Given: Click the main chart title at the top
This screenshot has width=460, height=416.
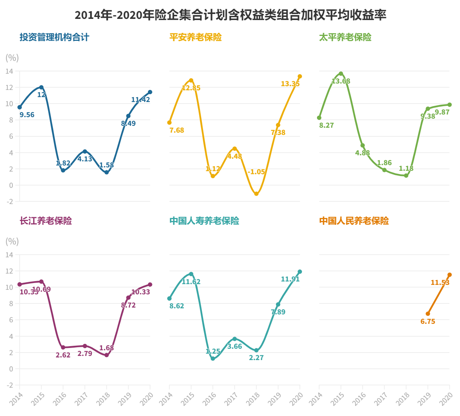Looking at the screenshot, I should click(230, 15).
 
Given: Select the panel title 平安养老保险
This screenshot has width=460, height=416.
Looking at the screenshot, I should click(195, 37).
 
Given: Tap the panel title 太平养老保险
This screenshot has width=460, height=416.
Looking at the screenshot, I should click(345, 37).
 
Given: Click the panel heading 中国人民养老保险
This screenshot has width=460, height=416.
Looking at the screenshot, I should click(354, 221).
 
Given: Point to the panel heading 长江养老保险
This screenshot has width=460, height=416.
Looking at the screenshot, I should click(46, 221).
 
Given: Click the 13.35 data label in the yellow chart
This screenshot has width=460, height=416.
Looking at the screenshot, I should click(290, 84).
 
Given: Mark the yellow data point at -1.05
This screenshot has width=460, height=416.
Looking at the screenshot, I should click(257, 194).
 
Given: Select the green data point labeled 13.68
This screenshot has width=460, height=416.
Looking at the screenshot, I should click(341, 74).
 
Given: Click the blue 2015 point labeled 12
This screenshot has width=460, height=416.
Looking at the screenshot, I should click(42, 87).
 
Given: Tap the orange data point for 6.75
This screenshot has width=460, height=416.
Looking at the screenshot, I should click(428, 314).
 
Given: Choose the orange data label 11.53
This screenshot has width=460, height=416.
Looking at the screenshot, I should click(440, 283).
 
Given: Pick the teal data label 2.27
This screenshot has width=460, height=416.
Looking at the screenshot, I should click(256, 358).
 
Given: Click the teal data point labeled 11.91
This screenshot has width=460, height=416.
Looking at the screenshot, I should click(300, 272).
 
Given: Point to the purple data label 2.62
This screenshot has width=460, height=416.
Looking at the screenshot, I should click(63, 355).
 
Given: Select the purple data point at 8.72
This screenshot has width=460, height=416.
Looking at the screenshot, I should click(128, 298).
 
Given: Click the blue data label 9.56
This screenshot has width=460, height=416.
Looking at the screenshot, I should click(27, 115).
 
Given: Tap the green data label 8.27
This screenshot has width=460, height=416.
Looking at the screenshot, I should click(326, 125).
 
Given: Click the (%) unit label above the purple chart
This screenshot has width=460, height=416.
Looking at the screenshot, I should click(12, 241).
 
